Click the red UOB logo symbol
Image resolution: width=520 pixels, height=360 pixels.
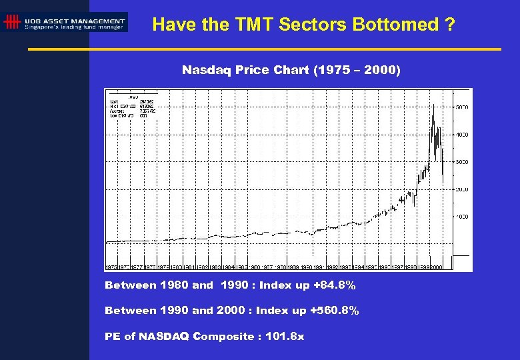coord(11,22)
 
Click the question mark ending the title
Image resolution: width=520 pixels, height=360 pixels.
coord(451,25)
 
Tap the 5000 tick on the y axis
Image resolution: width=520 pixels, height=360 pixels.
coord(461,107)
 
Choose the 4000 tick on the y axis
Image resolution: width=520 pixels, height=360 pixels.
coord(461,134)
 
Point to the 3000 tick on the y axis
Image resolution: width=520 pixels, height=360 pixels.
coord(461,162)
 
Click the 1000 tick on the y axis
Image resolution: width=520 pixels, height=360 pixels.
coord(461,217)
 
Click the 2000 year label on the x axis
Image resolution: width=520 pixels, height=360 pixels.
coord(437,267)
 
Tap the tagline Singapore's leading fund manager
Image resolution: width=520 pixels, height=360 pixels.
coord(75,27)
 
